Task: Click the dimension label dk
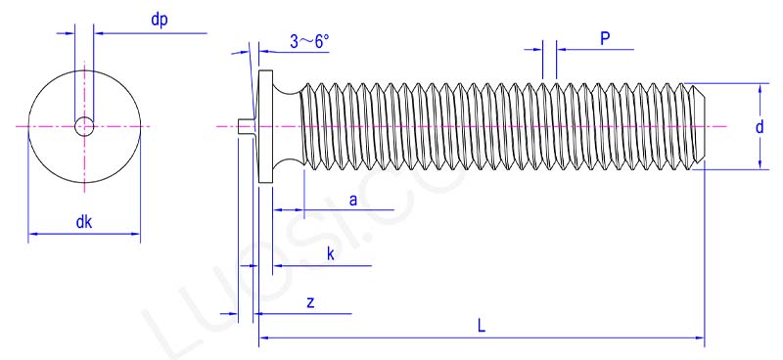coord(84,222)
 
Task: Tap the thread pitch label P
coord(605,38)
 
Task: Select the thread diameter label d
coord(760,126)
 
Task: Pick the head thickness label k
coord(331,254)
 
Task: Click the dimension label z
coord(310,302)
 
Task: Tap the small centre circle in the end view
coord(85,125)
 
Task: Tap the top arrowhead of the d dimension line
coord(760,88)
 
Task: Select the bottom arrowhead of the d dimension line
coord(760,164)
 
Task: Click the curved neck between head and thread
coord(287,126)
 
